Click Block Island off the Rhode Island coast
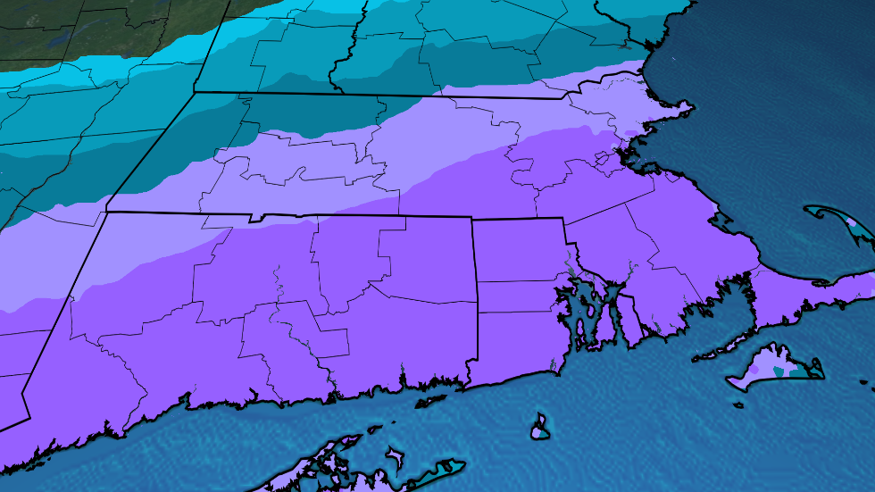(x=539, y=426)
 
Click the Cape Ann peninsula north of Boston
(x=682, y=110)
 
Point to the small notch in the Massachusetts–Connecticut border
(x=258, y=217)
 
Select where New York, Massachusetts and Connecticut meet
(x=106, y=212)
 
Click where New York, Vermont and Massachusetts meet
(x=194, y=91)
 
